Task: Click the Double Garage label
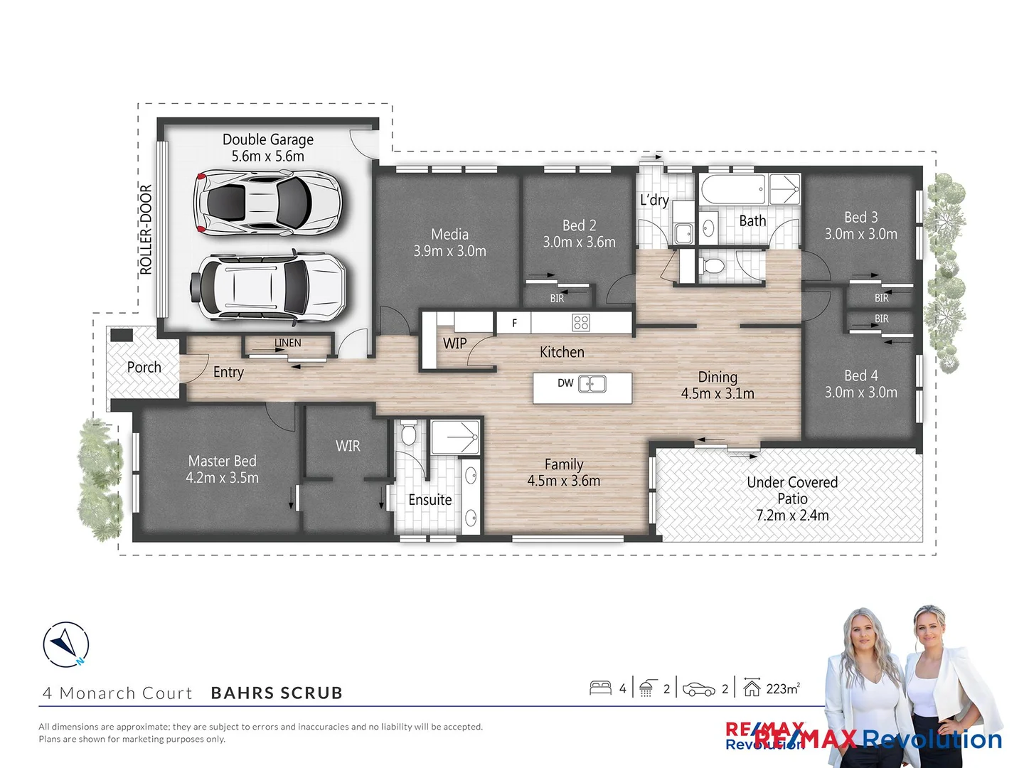[x=267, y=140]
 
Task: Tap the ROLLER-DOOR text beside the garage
[x=146, y=229]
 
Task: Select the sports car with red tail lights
[x=267, y=203]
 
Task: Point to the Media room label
[x=449, y=235]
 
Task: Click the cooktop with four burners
[x=581, y=323]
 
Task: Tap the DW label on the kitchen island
[x=565, y=383]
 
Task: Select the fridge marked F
[x=514, y=323]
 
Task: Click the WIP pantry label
[x=454, y=343]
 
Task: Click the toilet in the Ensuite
[x=408, y=434]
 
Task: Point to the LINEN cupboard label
[x=288, y=343]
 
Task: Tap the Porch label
[x=144, y=368]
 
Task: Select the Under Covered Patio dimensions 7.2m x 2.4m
[x=792, y=516]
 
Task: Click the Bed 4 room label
[x=860, y=375]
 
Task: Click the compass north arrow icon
[x=66, y=645]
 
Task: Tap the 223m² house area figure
[x=782, y=688]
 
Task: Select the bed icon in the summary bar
[x=600, y=688]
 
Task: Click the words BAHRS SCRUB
[x=277, y=693]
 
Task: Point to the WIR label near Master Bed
[x=348, y=446]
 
